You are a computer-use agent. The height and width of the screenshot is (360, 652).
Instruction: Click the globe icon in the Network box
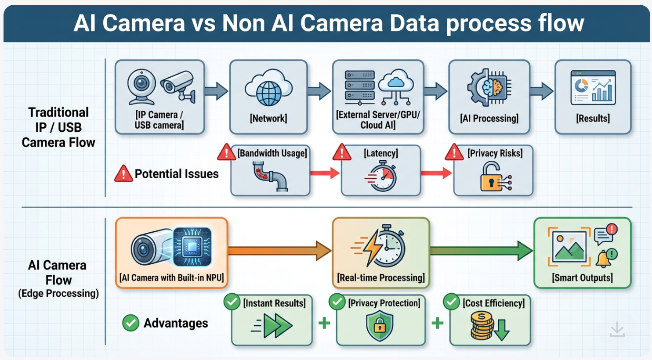click(268, 93)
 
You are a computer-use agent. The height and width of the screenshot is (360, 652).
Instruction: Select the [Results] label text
click(593, 119)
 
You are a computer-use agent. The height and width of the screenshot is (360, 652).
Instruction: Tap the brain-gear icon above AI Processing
click(489, 87)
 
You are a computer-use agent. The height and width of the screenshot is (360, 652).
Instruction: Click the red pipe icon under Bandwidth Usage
click(270, 176)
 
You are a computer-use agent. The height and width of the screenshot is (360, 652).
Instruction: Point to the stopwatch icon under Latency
click(381, 176)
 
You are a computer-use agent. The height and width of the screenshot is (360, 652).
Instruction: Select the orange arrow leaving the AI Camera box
click(279, 251)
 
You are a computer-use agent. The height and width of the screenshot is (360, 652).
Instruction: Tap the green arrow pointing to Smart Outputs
click(481, 251)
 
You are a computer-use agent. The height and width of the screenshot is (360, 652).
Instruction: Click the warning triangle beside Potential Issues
click(123, 174)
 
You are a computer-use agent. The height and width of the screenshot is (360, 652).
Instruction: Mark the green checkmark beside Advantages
click(130, 323)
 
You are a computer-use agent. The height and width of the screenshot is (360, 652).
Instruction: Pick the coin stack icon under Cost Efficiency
click(483, 326)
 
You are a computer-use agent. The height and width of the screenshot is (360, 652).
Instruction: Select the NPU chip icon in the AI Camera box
click(192, 247)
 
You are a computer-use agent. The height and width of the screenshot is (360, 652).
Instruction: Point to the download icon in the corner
click(617, 330)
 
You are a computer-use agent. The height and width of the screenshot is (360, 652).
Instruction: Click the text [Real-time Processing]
click(381, 278)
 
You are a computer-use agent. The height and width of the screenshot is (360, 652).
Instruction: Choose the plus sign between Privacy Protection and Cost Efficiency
click(437, 324)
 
